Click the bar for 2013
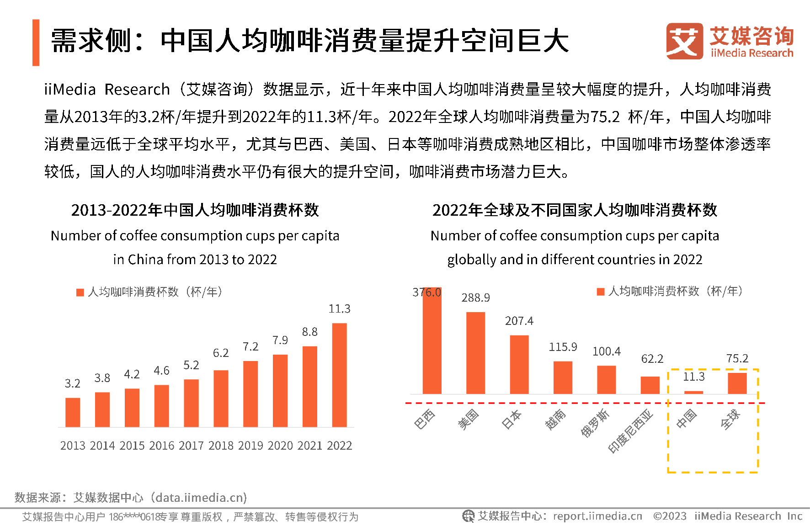coord(73,412)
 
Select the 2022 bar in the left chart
coord(339,375)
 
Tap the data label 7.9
coord(280,340)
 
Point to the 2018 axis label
coord(221,446)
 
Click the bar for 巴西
coord(432,340)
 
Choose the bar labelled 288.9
coord(475,353)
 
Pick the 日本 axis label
coord(511,419)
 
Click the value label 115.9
coord(563,347)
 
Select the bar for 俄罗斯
coord(606,379)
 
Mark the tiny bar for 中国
coord(693,392)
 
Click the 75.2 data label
coord(737,359)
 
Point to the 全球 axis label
coord(730,419)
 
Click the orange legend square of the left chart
coord(80,292)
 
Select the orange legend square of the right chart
coord(601,292)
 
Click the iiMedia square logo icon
coord(684,41)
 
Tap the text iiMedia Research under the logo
coord(752,53)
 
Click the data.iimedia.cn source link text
coord(201,498)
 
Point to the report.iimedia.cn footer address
coord(597,516)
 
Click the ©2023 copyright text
coord(670,516)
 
